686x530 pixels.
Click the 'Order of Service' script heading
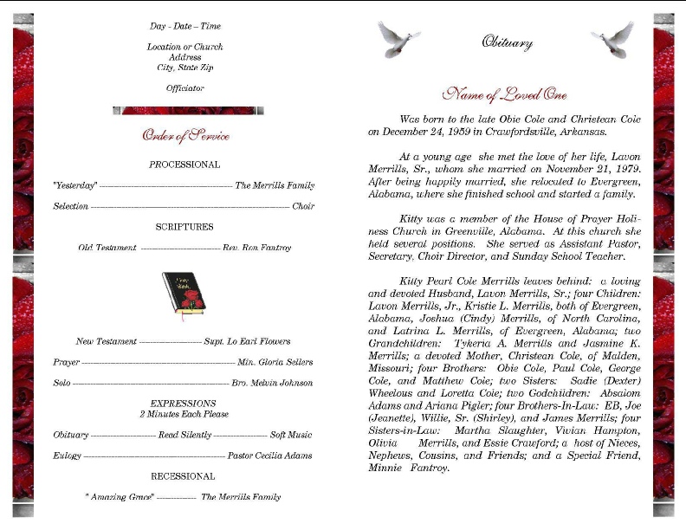(x=185, y=136)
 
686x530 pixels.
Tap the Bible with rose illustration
(x=184, y=296)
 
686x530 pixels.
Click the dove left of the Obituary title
(x=398, y=39)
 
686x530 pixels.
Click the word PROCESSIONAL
(x=184, y=165)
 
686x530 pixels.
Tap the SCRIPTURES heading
(x=184, y=227)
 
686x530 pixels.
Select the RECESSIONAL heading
(x=183, y=476)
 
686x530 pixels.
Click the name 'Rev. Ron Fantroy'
(x=256, y=248)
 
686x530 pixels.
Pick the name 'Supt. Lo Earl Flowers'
(x=247, y=341)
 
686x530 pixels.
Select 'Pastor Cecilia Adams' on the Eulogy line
(x=269, y=456)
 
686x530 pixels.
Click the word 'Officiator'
(x=184, y=88)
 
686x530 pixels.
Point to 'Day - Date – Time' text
(x=184, y=26)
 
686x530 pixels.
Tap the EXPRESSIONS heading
(x=184, y=404)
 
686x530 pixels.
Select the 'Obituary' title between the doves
(x=506, y=42)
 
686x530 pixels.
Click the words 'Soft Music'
(x=291, y=435)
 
